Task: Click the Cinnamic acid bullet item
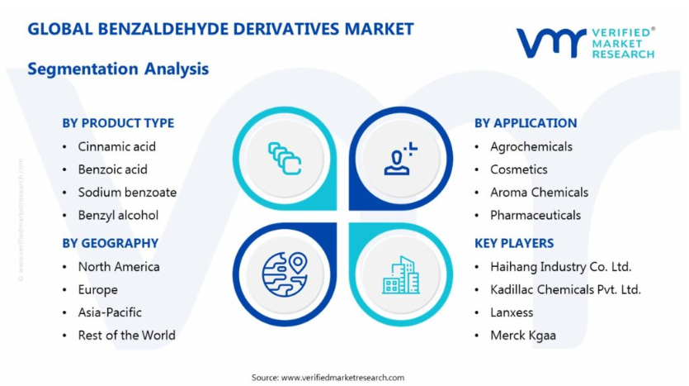click(117, 146)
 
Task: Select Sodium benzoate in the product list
click(127, 193)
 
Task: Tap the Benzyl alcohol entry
click(118, 215)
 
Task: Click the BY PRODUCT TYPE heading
click(118, 123)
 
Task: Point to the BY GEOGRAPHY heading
click(111, 243)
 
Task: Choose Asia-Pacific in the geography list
click(110, 312)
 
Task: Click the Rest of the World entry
click(126, 336)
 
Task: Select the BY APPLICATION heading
click(526, 123)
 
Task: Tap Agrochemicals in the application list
click(531, 147)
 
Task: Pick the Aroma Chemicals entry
click(539, 193)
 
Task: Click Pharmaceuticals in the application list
click(536, 215)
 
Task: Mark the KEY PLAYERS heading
click(514, 243)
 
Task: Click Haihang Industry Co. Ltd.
click(561, 267)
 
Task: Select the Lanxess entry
click(512, 312)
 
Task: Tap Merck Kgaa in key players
click(523, 336)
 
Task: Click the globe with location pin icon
click(285, 274)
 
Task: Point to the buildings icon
click(401, 275)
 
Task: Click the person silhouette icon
click(400, 159)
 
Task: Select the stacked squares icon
click(285, 159)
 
